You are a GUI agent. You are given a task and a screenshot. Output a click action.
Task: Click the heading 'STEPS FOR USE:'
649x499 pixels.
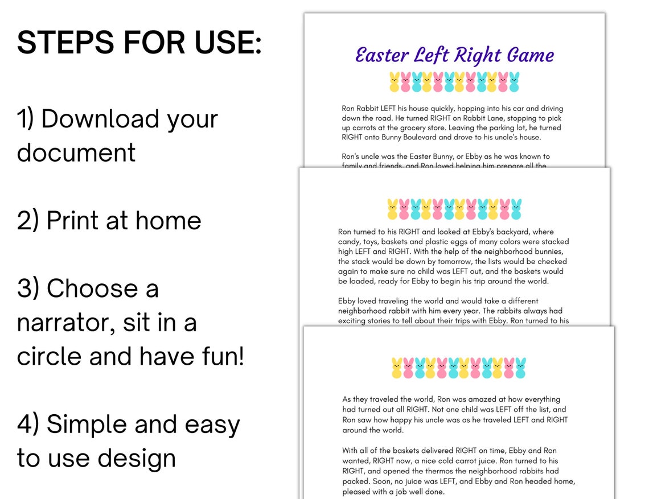(x=139, y=42)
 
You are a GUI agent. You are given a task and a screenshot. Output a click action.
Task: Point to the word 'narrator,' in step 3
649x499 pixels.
(x=76, y=323)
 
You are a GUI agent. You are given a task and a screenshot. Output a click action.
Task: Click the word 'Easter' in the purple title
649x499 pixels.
(x=381, y=55)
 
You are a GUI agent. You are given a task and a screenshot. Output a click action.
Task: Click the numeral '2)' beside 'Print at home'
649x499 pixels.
(x=28, y=221)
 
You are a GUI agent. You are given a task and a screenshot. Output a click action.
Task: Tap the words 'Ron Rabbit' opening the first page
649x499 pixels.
(x=363, y=109)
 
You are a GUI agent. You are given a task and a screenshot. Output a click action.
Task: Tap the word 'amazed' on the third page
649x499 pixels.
(x=463, y=399)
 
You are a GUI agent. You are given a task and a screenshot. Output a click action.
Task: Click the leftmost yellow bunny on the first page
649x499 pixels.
(x=395, y=83)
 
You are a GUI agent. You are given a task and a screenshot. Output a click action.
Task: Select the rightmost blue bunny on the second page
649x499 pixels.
(x=516, y=209)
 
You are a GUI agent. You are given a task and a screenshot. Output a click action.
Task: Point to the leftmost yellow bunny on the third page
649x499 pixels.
(x=397, y=368)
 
